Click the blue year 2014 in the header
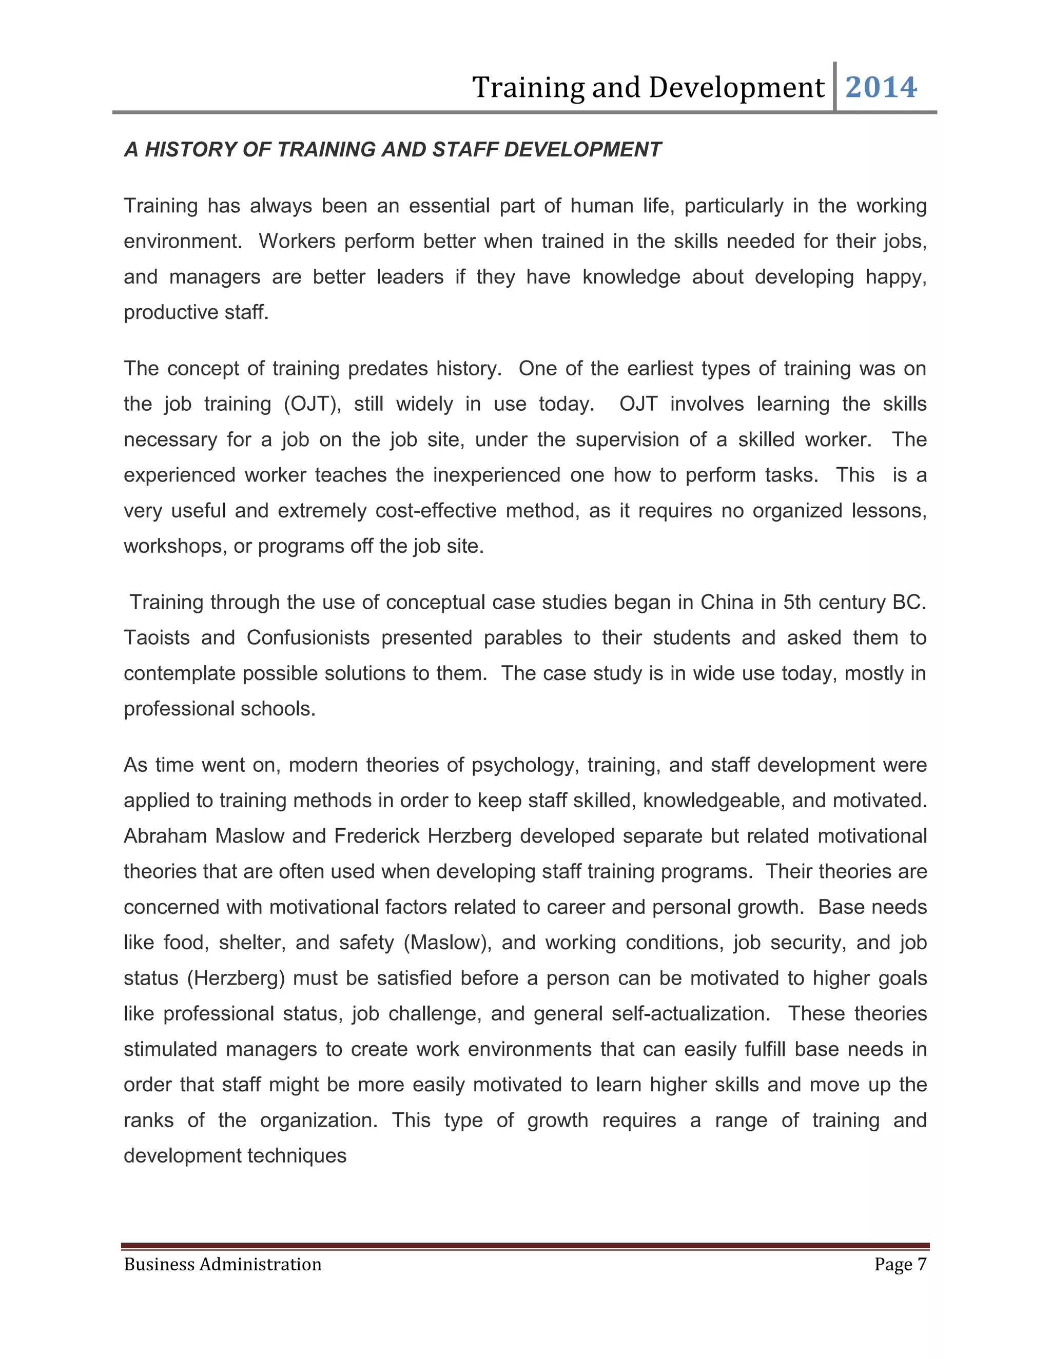coord(881,87)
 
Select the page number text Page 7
coord(900,1265)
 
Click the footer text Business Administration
coord(222,1265)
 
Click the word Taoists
coord(157,638)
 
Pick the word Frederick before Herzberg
coord(377,836)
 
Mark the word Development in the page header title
coord(736,87)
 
